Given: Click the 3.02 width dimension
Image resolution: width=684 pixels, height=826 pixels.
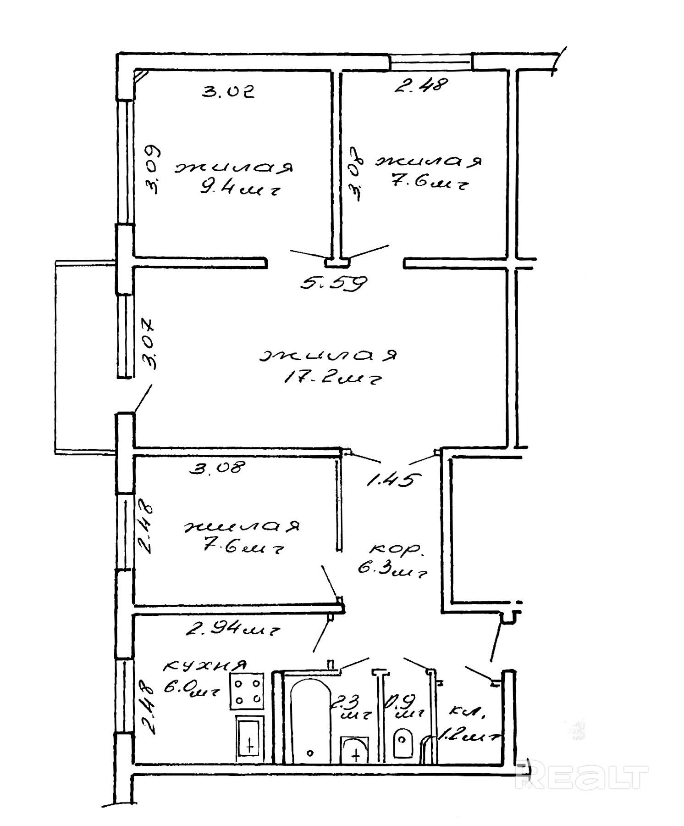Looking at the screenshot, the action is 228,91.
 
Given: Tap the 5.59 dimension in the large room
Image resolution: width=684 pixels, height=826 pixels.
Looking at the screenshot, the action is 334,283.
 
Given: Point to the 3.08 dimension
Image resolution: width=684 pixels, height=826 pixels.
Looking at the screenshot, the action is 218,468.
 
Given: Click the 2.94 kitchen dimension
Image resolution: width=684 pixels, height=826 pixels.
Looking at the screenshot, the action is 233,630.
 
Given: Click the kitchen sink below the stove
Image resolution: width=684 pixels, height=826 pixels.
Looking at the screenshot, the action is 249,739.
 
